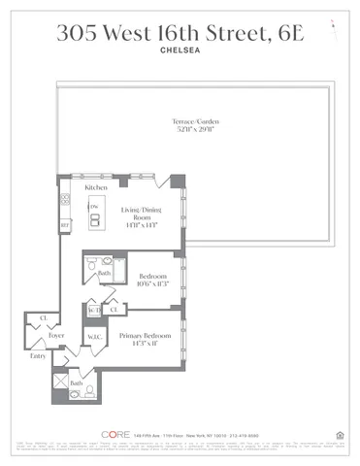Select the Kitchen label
pyautogui.click(x=95, y=186)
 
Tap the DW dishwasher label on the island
pyautogui.click(x=94, y=207)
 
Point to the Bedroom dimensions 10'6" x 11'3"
pyautogui.click(x=152, y=285)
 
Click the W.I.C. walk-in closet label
pyautogui.click(x=96, y=339)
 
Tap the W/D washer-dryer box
pyautogui.click(x=95, y=310)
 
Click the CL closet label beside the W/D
pyautogui.click(x=113, y=310)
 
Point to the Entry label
pyautogui.click(x=38, y=356)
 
